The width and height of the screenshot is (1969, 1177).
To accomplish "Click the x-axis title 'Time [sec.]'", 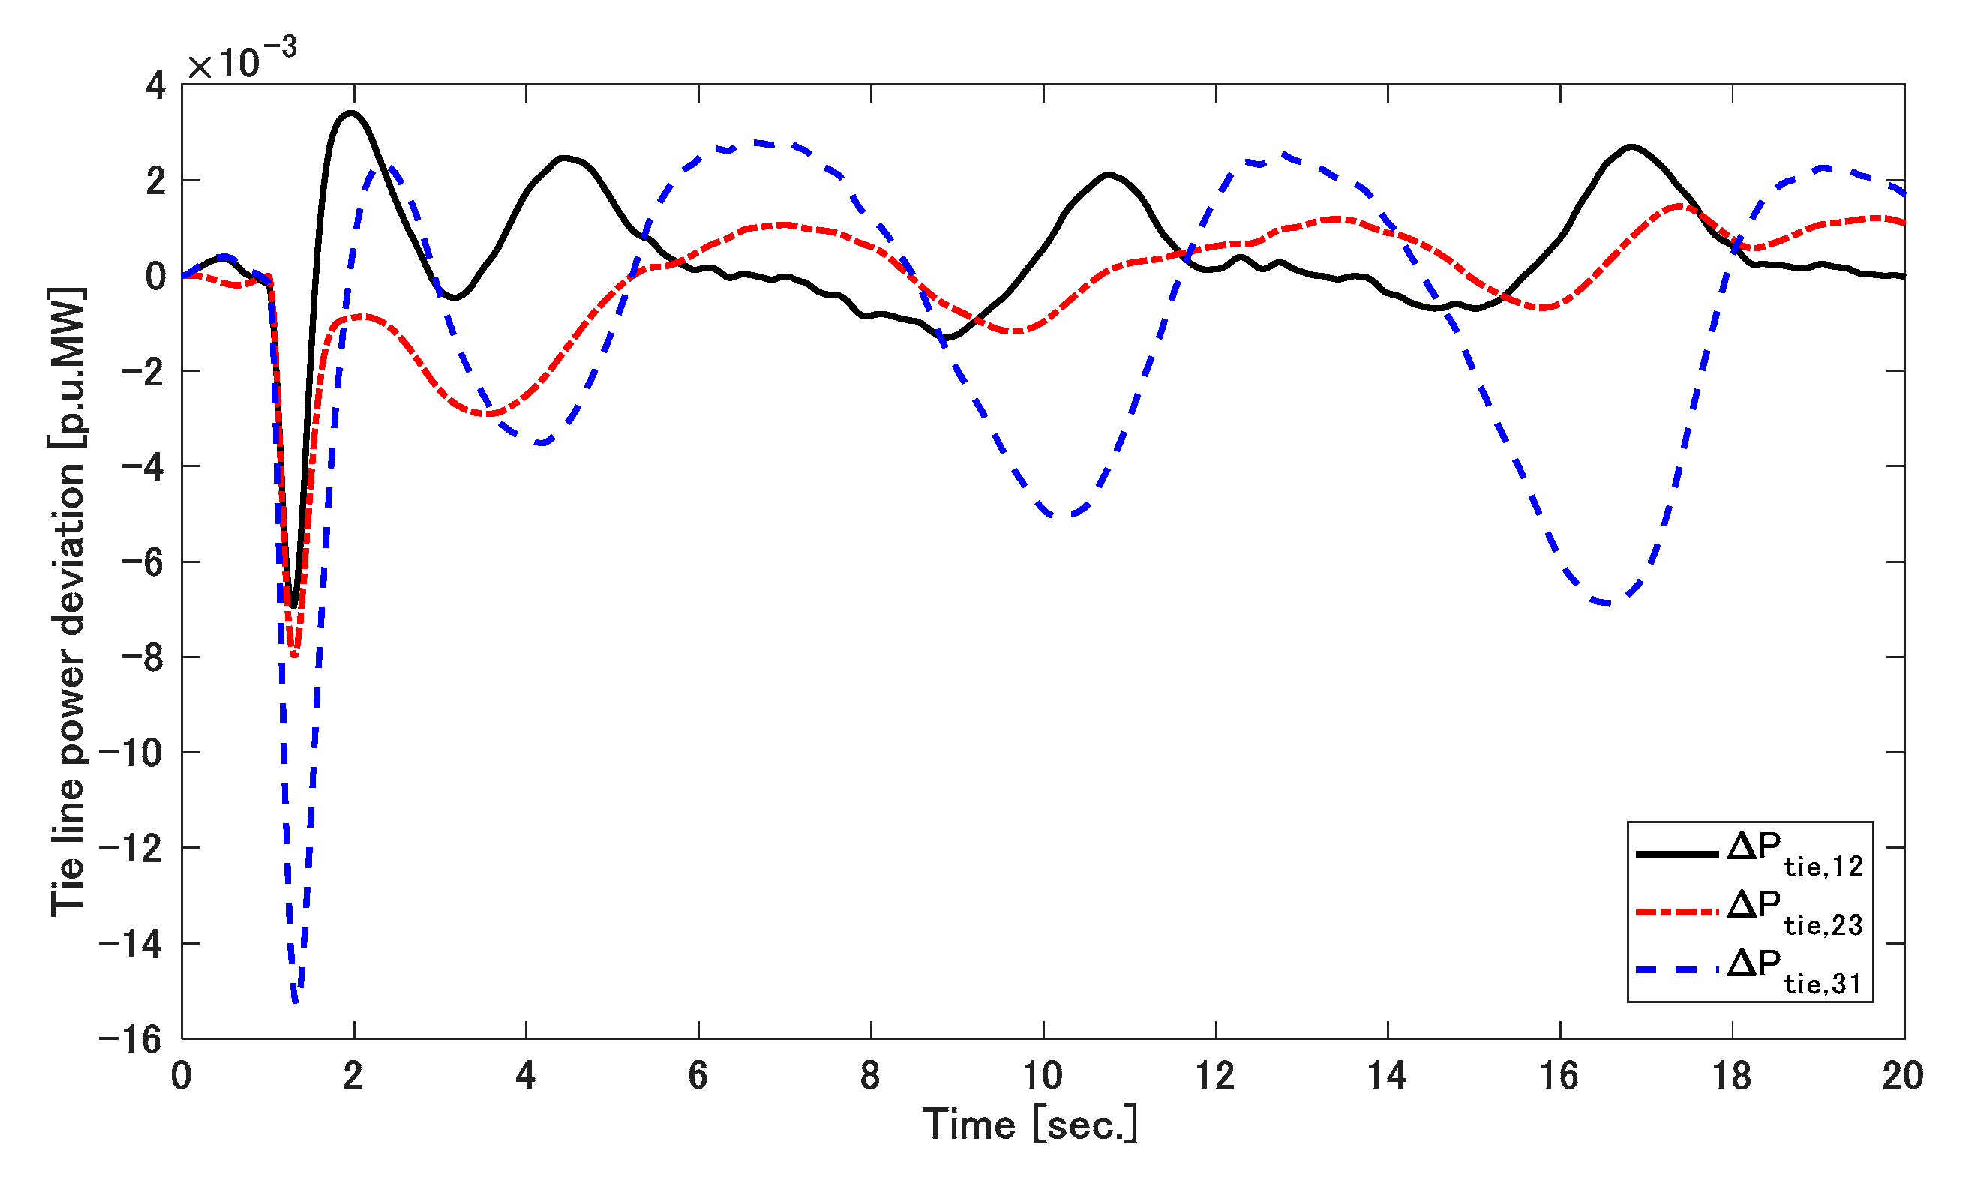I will [x=1030, y=1125].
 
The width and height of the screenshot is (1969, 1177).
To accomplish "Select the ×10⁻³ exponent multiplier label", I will [x=242, y=58].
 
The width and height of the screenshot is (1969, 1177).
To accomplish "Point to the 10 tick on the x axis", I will [x=1043, y=1077].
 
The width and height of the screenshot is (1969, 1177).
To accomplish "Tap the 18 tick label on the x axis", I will [x=1732, y=1077].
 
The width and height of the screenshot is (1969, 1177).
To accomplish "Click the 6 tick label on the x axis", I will [x=698, y=1077].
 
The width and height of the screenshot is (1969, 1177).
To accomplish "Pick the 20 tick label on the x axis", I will [x=1903, y=1077].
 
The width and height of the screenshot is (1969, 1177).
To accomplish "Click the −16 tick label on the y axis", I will [x=132, y=1039].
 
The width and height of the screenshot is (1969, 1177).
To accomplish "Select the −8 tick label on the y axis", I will [x=143, y=657].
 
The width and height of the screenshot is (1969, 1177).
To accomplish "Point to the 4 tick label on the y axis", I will [x=155, y=85].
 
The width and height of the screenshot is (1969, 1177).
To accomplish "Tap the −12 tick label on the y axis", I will [x=132, y=849].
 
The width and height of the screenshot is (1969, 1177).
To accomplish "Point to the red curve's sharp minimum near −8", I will [x=294, y=655].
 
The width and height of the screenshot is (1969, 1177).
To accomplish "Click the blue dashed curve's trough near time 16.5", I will [x=1606, y=604].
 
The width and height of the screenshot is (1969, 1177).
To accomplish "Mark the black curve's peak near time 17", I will [x=1631, y=147].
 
